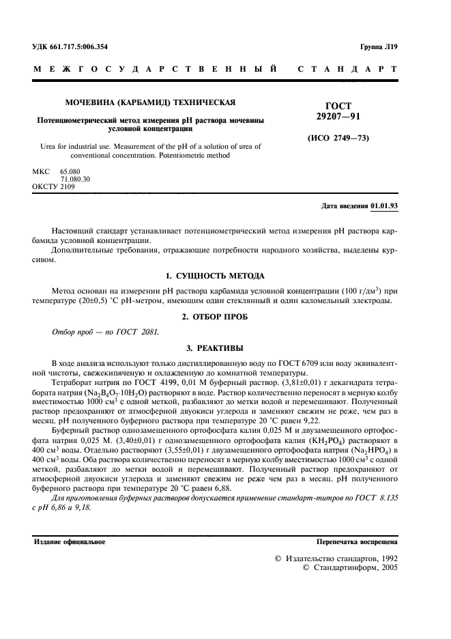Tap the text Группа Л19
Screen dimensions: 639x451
pyautogui.click(x=379, y=47)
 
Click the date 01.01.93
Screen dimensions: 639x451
pyautogui.click(x=385, y=205)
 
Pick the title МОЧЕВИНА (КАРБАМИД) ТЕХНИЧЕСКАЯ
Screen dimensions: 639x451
pyautogui.click(x=150, y=102)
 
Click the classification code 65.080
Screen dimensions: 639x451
pyautogui.click(x=70, y=172)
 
